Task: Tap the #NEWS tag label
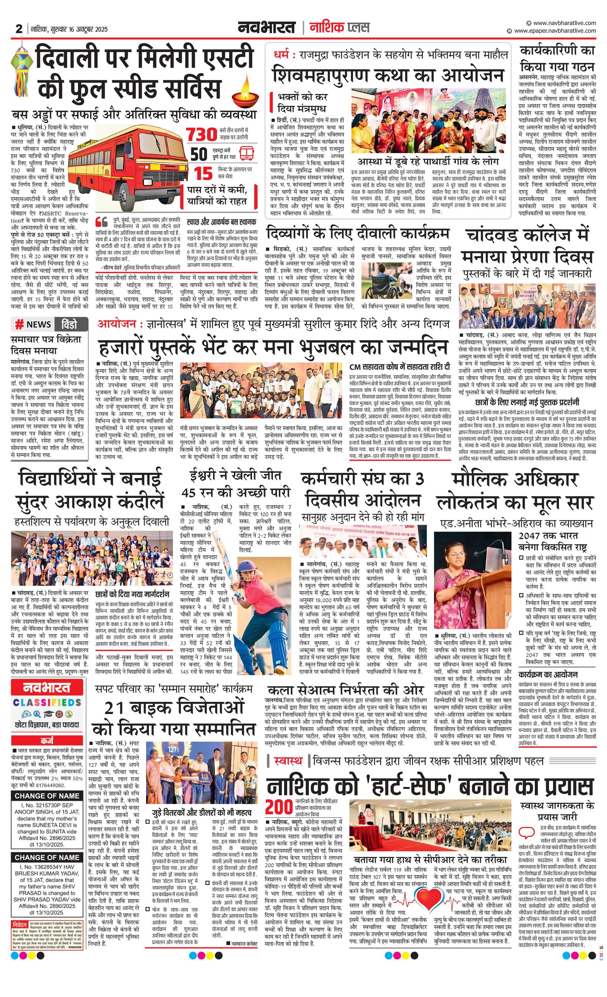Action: (x=33, y=324)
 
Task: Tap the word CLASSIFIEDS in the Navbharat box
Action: (x=47, y=702)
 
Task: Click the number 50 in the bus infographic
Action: (x=199, y=154)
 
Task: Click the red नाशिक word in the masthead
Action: (x=325, y=28)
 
